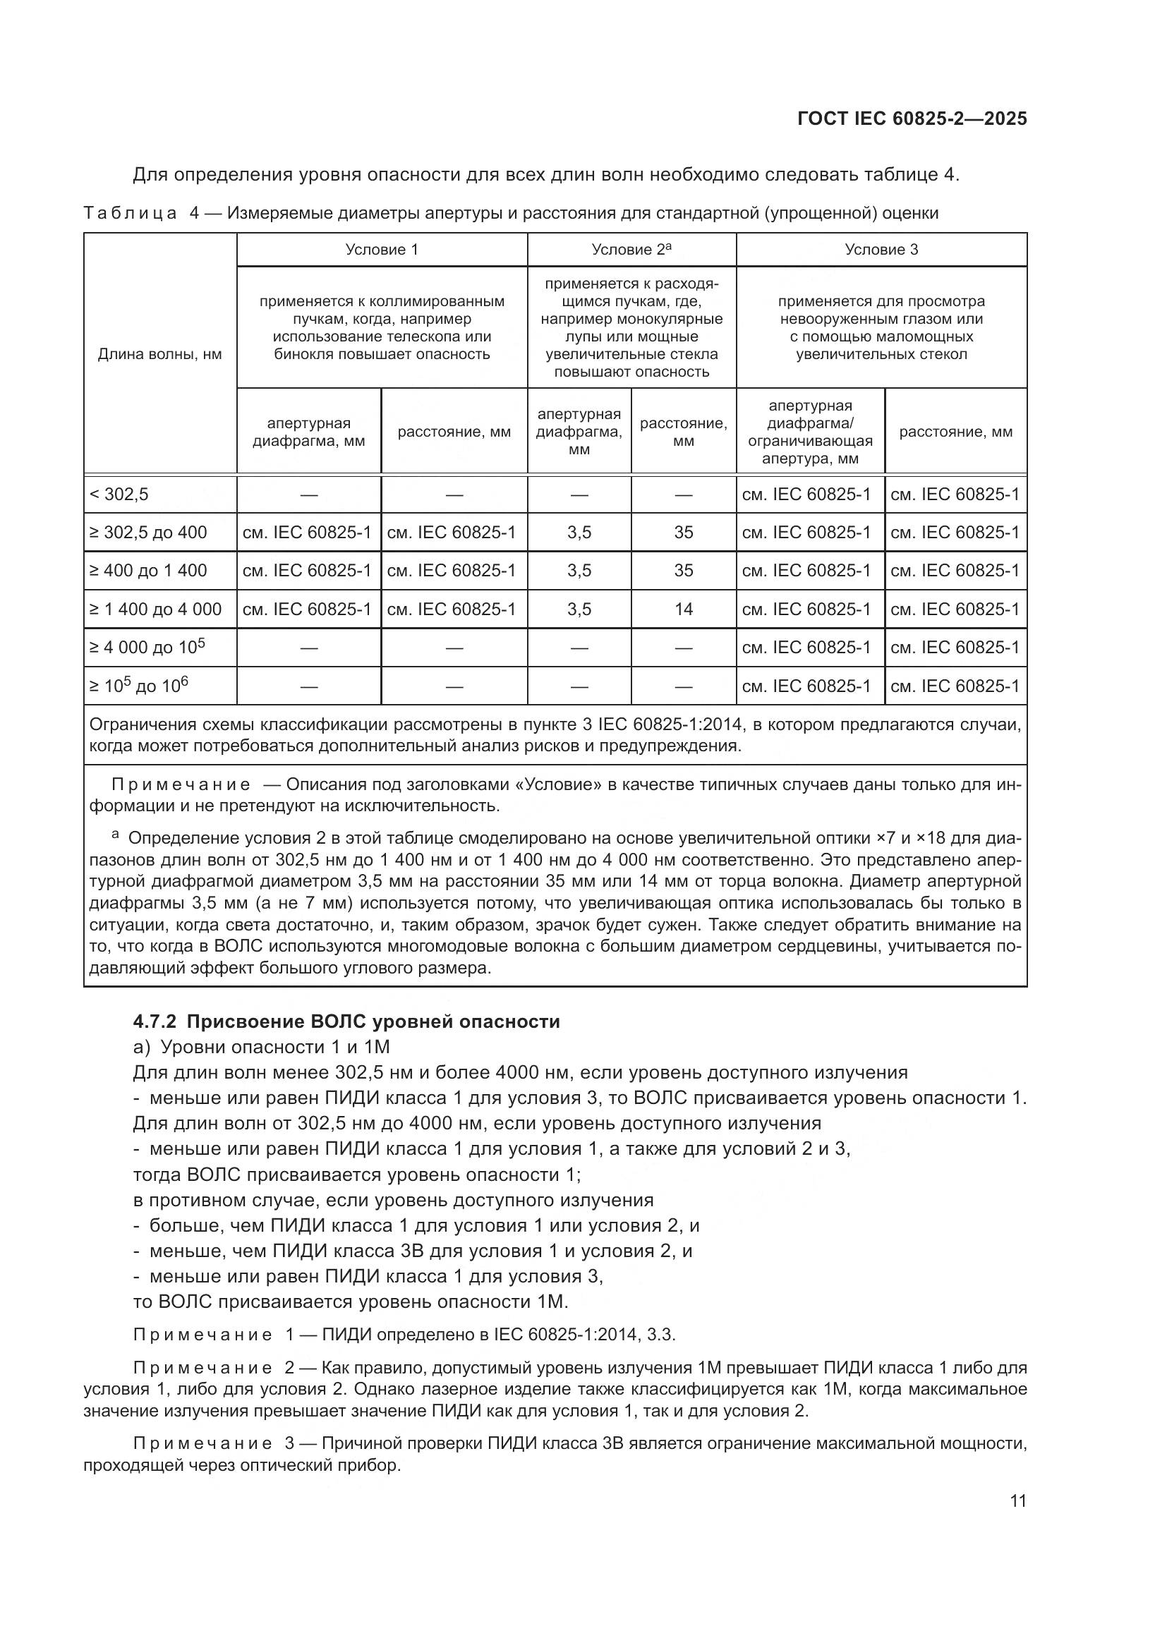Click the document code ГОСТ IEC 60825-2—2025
911,119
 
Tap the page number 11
1017,1501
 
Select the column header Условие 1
382,249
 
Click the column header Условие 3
881,249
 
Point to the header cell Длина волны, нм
159,354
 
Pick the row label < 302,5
119,495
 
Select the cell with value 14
684,609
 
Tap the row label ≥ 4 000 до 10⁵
147,648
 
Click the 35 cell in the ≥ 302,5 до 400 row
684,533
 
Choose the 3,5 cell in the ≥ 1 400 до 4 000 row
579,609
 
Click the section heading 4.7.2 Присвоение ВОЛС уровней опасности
346,1022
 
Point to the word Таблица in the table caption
130,214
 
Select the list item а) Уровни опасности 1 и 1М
261,1047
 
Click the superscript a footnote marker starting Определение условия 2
115,835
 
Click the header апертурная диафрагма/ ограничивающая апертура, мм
810,432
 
